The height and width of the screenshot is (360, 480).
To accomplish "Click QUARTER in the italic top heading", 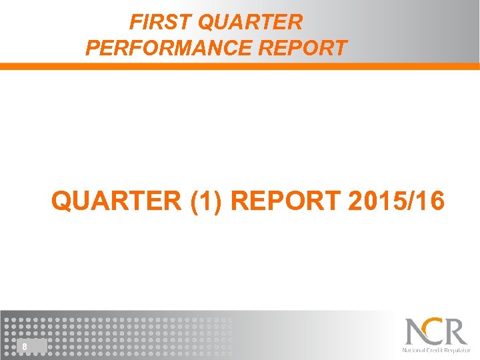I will tap(251, 23).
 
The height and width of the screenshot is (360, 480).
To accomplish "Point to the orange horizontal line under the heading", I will tap(240, 67).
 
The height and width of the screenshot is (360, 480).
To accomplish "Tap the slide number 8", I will tap(24, 347).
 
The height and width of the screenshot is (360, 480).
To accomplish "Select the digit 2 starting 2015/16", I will tap(355, 201).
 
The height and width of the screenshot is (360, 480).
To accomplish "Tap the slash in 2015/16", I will tap(414, 201).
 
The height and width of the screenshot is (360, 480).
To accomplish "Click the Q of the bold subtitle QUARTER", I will tap(63, 201).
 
